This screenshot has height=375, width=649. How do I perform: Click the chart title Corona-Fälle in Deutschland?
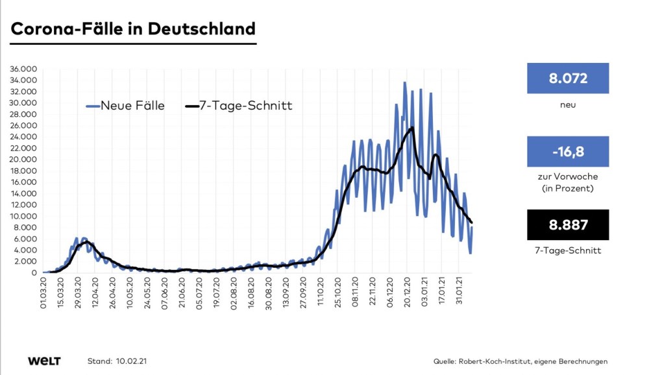[x=132, y=29]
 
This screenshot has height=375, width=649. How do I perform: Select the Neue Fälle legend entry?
[x=125, y=106]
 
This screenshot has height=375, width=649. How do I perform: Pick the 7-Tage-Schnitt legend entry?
[x=239, y=106]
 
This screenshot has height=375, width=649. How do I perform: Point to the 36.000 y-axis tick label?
[x=24, y=69]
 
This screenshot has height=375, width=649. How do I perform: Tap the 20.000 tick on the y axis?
[x=24, y=160]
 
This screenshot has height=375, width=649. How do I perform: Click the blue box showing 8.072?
[x=567, y=79]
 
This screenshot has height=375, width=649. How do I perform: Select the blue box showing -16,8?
[x=567, y=152]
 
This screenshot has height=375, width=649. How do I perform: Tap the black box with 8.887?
[x=567, y=225]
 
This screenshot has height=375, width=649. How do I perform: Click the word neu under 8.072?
[x=567, y=104]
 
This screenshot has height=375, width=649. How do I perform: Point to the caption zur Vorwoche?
[x=567, y=176]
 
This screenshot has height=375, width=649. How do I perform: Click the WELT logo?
[x=44, y=361]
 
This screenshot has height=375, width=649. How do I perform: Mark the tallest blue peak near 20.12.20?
[x=405, y=83]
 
